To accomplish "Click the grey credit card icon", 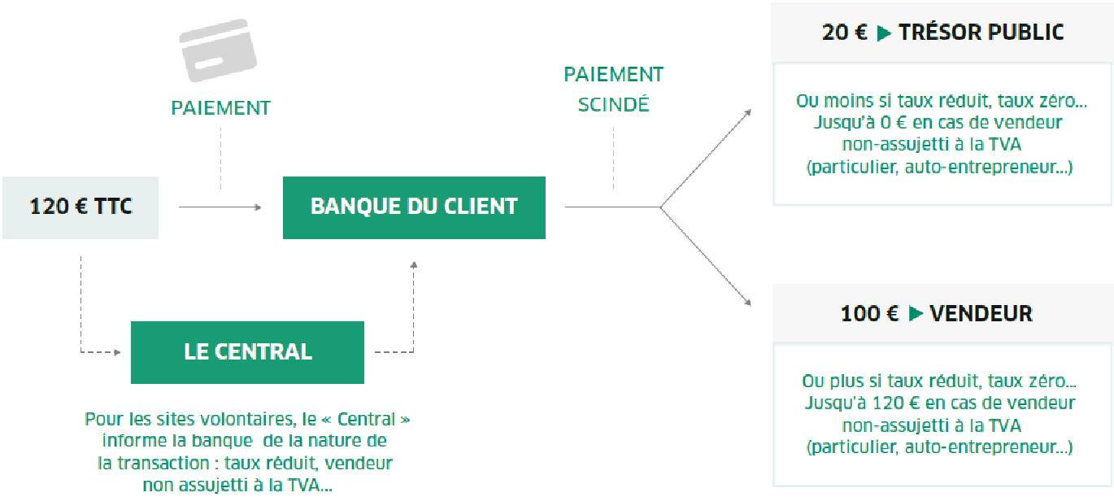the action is tap(218, 50).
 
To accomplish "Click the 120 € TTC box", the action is tap(81, 207).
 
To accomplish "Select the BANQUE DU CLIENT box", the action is tap(414, 207).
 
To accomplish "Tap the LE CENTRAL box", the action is tap(248, 352).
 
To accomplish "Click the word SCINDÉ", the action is tap(613, 104).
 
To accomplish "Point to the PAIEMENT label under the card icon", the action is tap(221, 108).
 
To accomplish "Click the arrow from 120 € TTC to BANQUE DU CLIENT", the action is tap(220, 207).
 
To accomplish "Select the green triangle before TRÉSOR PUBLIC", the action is tap(884, 33).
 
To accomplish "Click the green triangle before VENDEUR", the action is tap(916, 314).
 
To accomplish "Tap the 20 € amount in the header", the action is tap(845, 33).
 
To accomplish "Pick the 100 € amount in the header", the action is tap(870, 314).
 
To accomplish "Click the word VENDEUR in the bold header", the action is tap(981, 314).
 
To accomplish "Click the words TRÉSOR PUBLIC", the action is tap(981, 33).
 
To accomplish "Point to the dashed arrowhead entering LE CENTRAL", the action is tap(117, 352).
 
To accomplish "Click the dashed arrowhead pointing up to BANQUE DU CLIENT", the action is tap(414, 265).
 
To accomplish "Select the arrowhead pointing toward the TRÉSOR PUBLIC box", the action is tap(747, 113).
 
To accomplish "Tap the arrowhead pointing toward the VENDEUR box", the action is tap(747, 302).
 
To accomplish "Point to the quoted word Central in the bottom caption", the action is tap(366, 420).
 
